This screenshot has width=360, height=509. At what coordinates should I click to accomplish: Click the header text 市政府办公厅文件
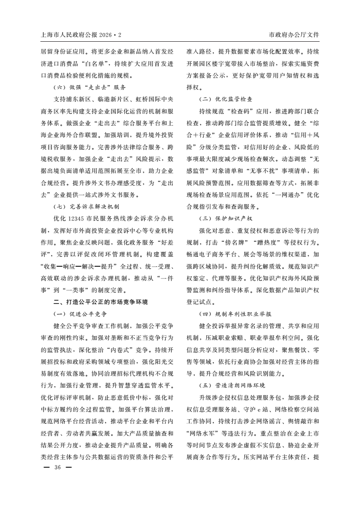tap(294, 34)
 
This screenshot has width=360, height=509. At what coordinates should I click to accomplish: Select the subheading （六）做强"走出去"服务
tap(89, 87)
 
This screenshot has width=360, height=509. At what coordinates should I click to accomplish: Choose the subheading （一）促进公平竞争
tap(81, 313)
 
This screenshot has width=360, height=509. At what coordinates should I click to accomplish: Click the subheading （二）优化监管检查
tap(226, 98)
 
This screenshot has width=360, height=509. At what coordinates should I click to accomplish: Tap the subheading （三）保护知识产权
tap(226, 219)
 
